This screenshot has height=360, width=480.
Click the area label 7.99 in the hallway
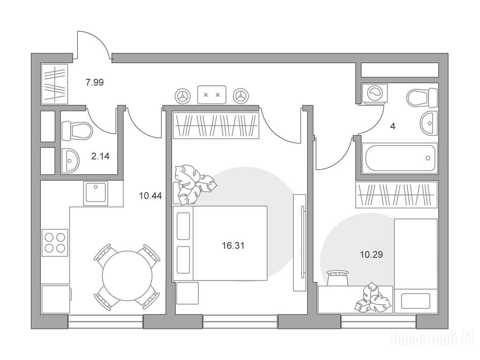95,82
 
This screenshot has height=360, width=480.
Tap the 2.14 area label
100,157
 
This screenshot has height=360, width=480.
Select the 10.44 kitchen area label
150,195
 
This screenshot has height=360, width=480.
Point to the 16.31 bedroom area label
233,246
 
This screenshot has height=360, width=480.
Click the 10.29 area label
371,255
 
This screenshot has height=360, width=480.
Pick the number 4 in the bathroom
392,126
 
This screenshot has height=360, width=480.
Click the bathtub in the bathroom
400,158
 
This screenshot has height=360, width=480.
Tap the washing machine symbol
374,93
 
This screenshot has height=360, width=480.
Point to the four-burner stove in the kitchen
55,242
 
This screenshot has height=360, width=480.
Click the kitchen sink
96,194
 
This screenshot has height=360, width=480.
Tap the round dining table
127,276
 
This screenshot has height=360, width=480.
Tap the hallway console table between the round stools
212,95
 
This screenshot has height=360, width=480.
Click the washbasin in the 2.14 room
70,161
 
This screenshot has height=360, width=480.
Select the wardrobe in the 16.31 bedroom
216,126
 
